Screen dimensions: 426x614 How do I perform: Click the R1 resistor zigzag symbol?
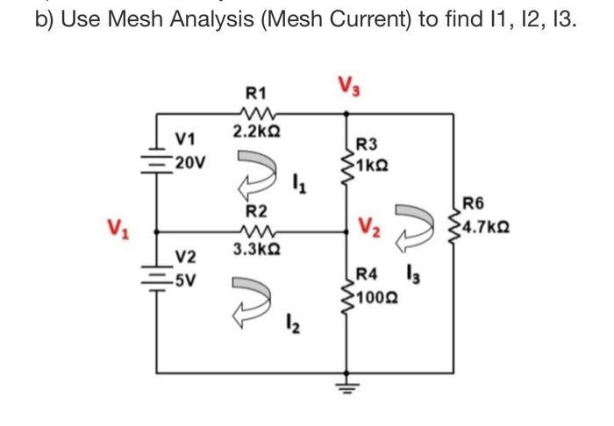pos(257,113)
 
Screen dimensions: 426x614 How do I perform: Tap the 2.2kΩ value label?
pos(256,131)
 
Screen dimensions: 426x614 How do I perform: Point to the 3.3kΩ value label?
pos(256,251)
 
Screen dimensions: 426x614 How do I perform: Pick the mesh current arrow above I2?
pos(252,295)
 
